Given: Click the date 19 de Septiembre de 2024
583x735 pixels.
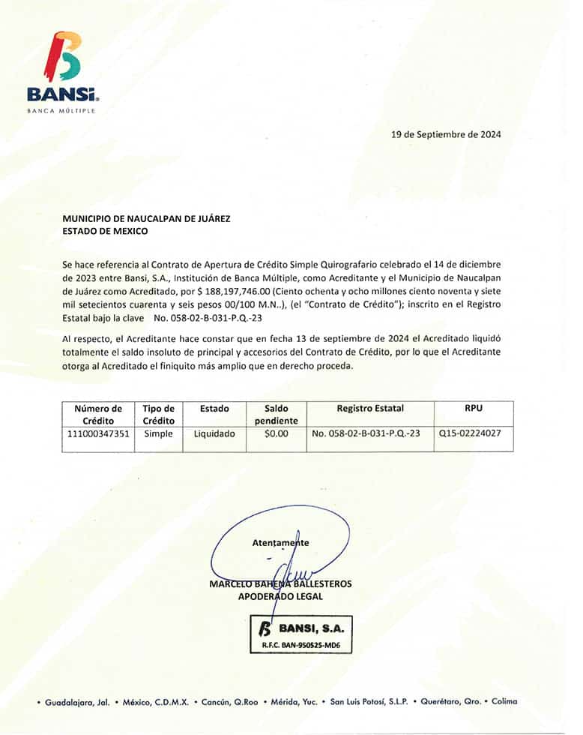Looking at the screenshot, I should (x=446, y=135).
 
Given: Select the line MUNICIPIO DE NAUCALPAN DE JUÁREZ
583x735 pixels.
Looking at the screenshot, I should (x=146, y=219).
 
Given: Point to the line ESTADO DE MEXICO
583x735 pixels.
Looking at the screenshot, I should (x=105, y=231).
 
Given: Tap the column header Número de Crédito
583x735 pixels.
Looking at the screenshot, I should (x=98, y=415).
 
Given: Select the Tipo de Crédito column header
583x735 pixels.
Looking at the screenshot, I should (x=158, y=415).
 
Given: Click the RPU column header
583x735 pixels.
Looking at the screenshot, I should (x=474, y=409).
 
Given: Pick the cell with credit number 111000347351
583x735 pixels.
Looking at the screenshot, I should (x=98, y=433).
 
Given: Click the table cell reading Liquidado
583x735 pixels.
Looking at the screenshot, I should (x=214, y=433).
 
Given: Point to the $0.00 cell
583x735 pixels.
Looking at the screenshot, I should (x=277, y=433).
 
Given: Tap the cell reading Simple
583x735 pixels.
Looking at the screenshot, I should (x=158, y=433).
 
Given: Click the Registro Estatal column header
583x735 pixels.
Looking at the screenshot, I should (x=370, y=409).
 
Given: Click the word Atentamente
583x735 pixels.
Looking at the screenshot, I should (x=280, y=542).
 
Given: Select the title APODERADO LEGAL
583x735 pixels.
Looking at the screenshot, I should (x=280, y=597).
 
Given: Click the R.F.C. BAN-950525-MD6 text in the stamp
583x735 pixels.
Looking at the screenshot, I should (x=301, y=645).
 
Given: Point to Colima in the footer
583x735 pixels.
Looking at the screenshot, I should (x=504, y=702).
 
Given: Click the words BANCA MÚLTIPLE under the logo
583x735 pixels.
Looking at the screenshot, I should (x=61, y=110).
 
